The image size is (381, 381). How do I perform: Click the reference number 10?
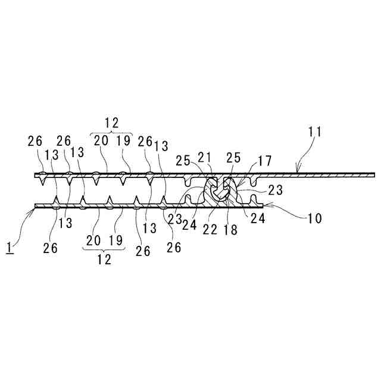pyautogui.click(x=314, y=218)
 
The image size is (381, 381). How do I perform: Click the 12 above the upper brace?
pyautogui.click(x=111, y=123)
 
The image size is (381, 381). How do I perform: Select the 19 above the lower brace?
pyautogui.click(x=116, y=241)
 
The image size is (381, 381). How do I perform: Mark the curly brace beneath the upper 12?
pyautogui.click(x=111, y=133)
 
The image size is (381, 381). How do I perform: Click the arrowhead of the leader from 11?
pyautogui.click(x=297, y=172)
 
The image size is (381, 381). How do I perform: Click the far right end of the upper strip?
pyautogui.click(x=374, y=174)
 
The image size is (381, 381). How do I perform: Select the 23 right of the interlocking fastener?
pyautogui.click(x=276, y=191)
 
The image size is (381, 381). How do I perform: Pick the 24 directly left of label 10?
pyautogui.click(x=258, y=218)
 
